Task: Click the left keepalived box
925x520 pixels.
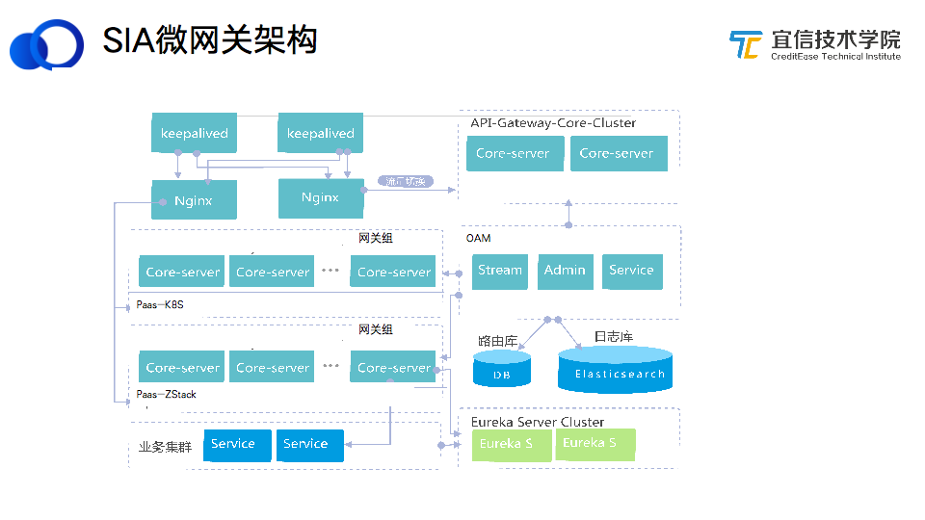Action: [x=195, y=133]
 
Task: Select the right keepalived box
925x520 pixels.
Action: [x=320, y=133]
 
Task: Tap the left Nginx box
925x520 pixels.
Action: [x=194, y=200]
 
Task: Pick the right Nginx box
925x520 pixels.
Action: [x=320, y=197]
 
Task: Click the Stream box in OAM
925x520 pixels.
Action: [x=500, y=271]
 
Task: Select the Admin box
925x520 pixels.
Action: [x=565, y=271]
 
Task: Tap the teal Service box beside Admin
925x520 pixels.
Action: [x=631, y=271]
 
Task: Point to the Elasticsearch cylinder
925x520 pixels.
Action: [x=615, y=371]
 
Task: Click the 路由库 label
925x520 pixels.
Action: [x=497, y=341]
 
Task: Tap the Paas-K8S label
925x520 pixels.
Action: [x=160, y=305]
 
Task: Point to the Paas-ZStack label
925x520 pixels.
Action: [x=166, y=395]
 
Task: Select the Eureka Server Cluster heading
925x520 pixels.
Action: [x=537, y=422]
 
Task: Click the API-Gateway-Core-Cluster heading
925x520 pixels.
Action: [x=553, y=123]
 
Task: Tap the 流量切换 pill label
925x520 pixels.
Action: [x=406, y=181]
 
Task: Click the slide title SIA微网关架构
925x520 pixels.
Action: [x=210, y=40]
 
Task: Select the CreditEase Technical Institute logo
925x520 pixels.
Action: [x=815, y=44]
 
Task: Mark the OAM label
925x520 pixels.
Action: [x=478, y=238]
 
